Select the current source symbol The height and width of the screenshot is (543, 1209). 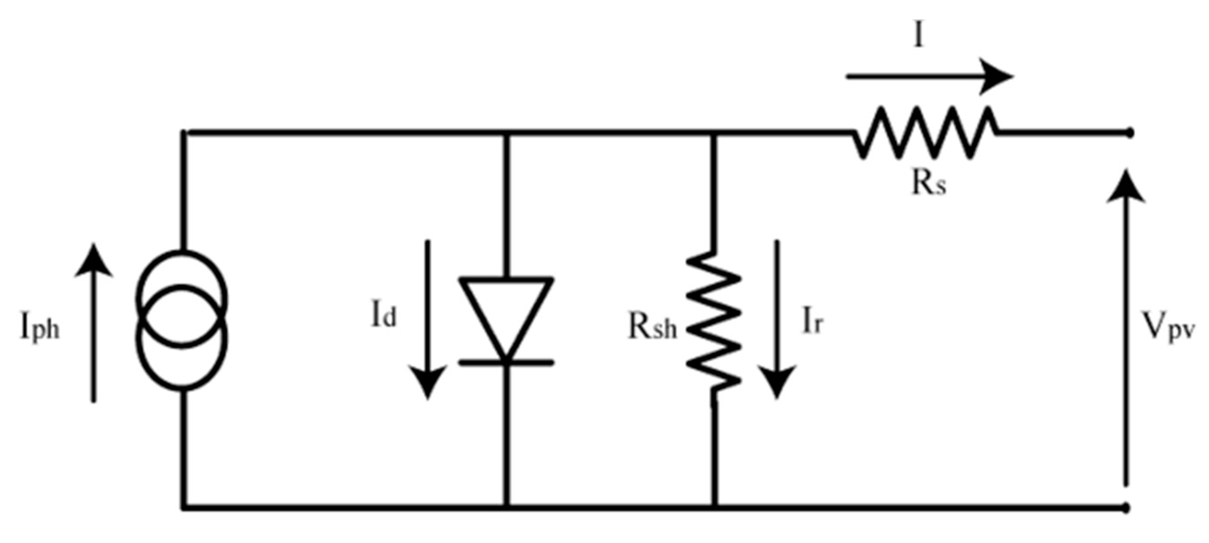coord(182,321)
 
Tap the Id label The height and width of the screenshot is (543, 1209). coord(384,317)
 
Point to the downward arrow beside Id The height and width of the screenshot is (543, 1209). coord(428,319)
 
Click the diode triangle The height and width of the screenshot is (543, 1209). coord(506,312)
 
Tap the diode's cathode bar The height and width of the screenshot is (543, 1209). coord(506,362)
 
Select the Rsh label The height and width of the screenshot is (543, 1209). coord(653,328)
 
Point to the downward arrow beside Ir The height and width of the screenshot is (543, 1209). coord(777,319)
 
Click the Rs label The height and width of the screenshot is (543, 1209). coord(929,184)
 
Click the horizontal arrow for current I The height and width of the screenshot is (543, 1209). coord(929,77)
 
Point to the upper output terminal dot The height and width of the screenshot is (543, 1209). coord(1130,134)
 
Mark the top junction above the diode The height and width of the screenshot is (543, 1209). coord(506,135)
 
